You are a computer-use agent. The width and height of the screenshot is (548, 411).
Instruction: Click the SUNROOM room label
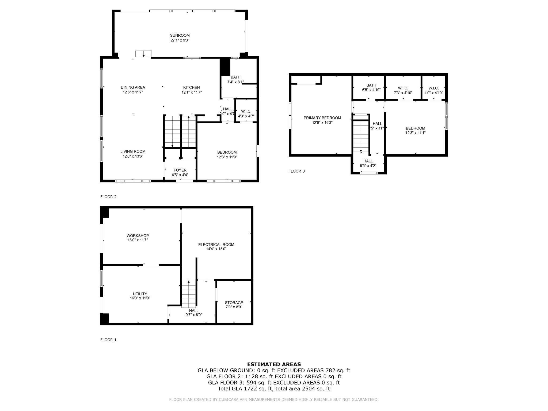pos(180,35)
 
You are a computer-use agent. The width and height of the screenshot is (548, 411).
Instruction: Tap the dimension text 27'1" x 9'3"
pos(180,40)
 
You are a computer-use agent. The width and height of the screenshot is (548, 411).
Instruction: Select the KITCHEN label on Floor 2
pos(191,87)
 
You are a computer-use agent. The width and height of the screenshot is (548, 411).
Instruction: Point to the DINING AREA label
pos(133,87)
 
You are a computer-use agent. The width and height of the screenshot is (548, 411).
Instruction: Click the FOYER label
pos(180,170)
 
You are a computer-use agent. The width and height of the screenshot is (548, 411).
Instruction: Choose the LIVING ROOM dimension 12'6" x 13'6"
pos(133,156)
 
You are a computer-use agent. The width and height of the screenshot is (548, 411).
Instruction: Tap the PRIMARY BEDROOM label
pos(322,118)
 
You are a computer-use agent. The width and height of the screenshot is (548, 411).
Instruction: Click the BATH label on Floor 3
pos(371,85)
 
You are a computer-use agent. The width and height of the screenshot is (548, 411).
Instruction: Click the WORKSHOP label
pos(138,235)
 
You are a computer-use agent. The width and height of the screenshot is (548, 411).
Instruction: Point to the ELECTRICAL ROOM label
pos(216,245)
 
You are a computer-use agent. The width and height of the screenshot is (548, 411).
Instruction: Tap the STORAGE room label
pos(234,303)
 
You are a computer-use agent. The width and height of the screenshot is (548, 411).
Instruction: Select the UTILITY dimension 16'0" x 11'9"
pos(140,298)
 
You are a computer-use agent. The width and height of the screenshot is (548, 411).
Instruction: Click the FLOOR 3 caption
pos(296,171)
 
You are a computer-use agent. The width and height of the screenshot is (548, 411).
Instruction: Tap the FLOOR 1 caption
pos(108,340)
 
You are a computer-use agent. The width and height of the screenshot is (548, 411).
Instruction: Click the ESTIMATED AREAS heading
pos(274,364)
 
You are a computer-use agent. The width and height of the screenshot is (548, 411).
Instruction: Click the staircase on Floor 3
pos(361,136)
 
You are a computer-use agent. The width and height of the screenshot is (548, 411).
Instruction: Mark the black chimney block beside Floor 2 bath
pos(225,67)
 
